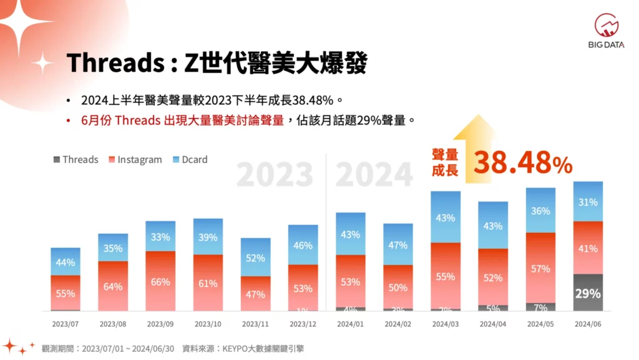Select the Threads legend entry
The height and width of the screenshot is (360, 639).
coord(76,159)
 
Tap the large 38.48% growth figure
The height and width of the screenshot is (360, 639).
coord(522,162)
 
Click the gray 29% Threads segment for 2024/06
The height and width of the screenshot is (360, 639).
coord(588,293)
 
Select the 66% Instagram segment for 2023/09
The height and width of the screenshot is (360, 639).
coord(160,281)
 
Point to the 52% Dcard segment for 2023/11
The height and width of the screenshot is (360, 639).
coord(255,257)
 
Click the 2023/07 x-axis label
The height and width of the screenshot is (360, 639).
coord(66,324)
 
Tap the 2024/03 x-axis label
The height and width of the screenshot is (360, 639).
coord(445,324)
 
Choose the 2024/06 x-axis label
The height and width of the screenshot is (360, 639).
coord(587,324)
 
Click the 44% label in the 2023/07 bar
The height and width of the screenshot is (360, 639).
coord(66,262)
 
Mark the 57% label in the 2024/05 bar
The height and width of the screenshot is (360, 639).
coord(540,269)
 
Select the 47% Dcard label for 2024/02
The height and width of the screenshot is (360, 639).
coord(398,245)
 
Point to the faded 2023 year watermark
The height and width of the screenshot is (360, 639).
coord(275,175)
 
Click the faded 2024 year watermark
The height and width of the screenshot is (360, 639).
coord(374,175)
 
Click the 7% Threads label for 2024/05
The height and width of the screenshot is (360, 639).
coord(540,308)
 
